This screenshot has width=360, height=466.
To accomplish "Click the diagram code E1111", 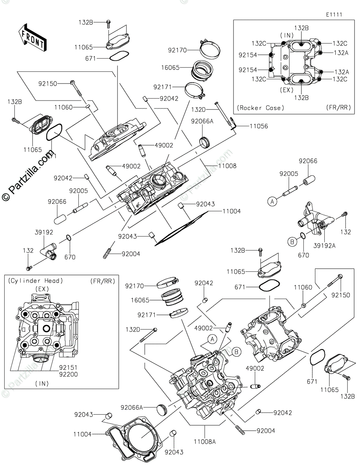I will click(x=334, y=14).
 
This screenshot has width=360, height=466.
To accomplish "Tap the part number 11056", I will click(x=258, y=126).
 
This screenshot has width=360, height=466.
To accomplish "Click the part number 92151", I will click(x=68, y=367).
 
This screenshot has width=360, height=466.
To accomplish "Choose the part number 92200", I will click(x=68, y=374).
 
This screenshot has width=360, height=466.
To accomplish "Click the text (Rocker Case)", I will click(x=260, y=108).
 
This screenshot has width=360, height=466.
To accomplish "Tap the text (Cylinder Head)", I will click(x=35, y=281).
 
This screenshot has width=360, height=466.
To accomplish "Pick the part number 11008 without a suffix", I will click(x=227, y=166).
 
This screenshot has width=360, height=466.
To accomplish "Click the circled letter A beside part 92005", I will click(x=272, y=201).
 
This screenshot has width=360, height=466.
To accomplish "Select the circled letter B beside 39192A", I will click(x=291, y=242).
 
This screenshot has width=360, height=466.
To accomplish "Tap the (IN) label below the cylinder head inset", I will click(x=42, y=383).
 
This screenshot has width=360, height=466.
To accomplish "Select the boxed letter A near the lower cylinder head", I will click(x=212, y=339).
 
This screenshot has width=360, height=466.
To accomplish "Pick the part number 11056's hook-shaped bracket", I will click(x=232, y=123).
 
